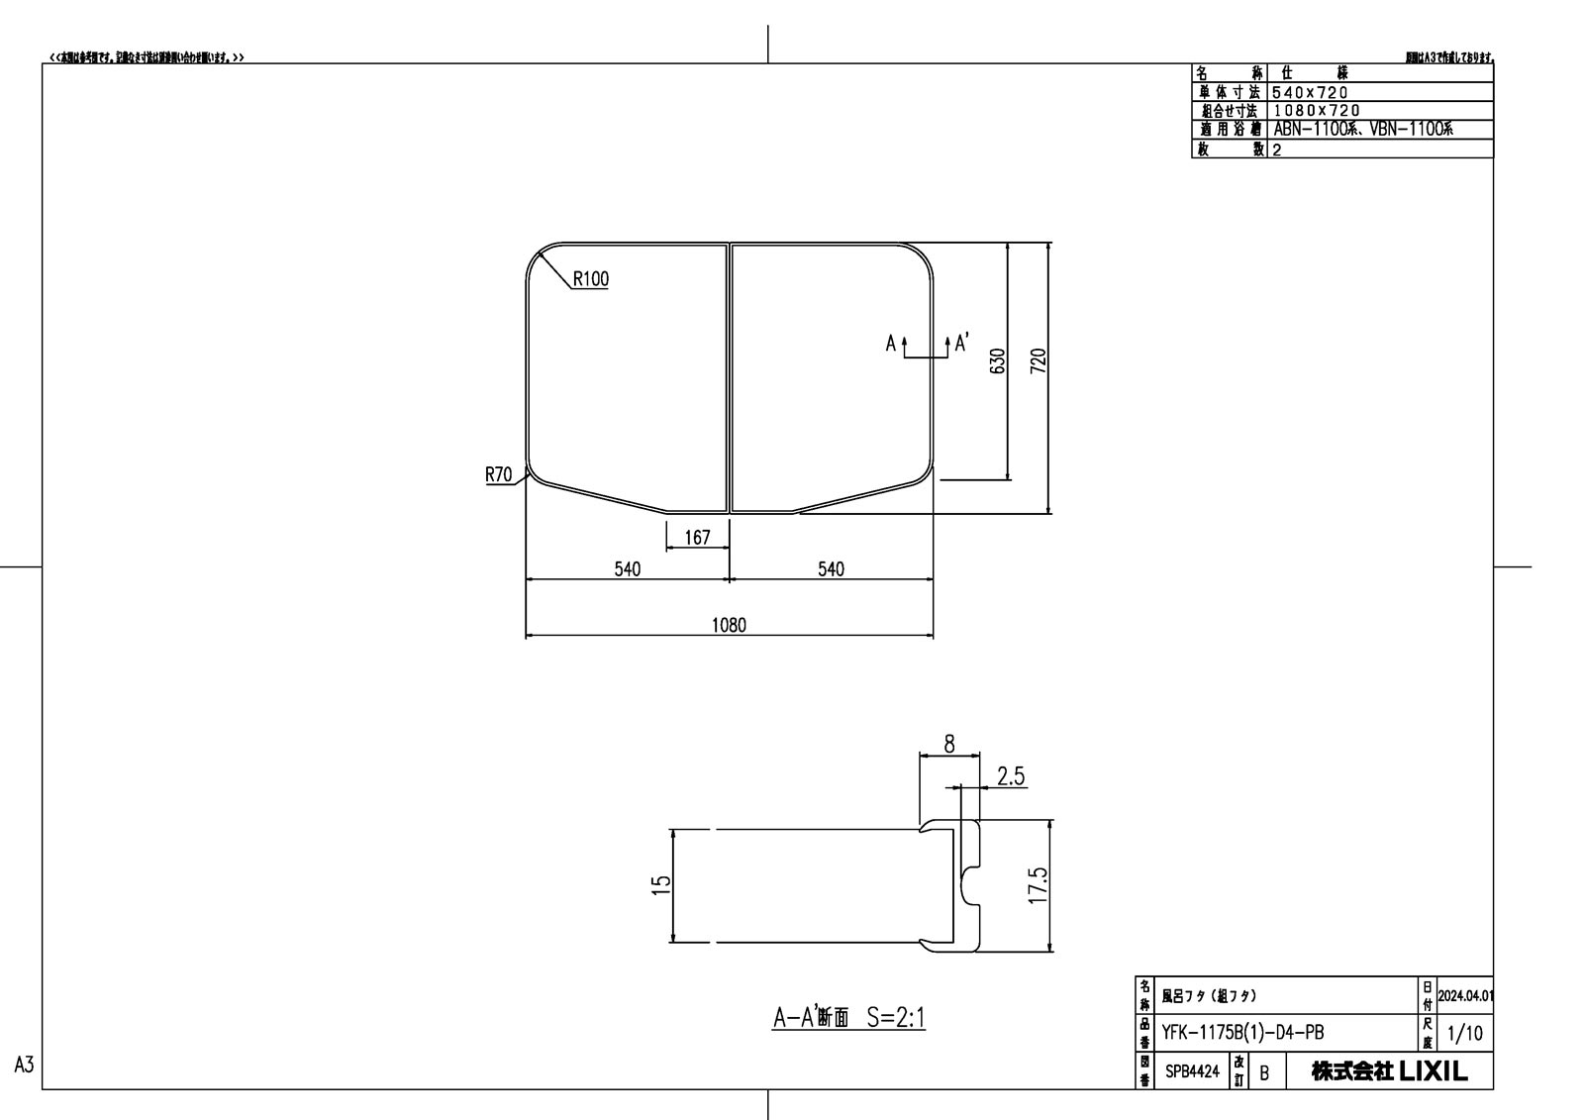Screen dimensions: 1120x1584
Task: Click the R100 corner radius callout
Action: tap(590, 279)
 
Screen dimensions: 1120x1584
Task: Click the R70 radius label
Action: tap(498, 475)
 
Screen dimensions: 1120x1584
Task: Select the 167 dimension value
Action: tap(697, 538)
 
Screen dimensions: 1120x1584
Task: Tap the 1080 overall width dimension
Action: tap(729, 625)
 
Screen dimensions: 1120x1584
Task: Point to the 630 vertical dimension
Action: tap(998, 360)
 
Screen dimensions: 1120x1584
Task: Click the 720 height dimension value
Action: tap(1039, 360)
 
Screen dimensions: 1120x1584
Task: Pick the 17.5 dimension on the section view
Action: tap(1039, 884)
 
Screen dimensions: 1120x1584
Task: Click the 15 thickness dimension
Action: tap(662, 881)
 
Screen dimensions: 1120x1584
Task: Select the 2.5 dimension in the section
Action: tap(1011, 776)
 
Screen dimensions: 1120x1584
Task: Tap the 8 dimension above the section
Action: tap(949, 745)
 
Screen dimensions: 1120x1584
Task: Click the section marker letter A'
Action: tap(961, 343)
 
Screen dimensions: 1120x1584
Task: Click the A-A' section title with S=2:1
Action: tap(848, 1017)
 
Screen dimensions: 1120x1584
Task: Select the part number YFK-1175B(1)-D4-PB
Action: tap(1242, 1033)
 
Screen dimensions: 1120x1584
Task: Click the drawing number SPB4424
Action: tap(1192, 1071)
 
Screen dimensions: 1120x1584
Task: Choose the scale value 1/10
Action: tap(1464, 1034)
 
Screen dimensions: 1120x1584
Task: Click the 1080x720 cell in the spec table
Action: tap(1316, 111)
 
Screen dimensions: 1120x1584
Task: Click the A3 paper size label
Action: tap(25, 1065)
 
